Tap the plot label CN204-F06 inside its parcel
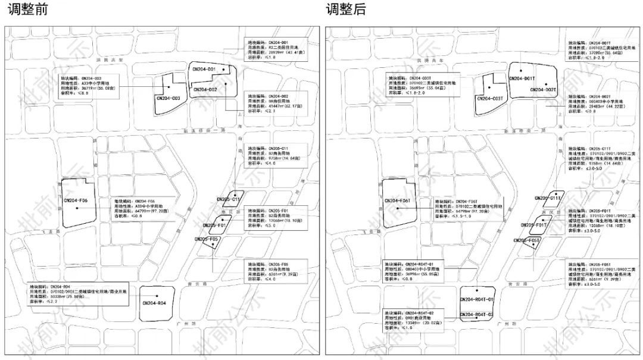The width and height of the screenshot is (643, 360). click(x=76, y=201)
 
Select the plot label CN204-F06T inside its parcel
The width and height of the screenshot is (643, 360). click(x=398, y=201)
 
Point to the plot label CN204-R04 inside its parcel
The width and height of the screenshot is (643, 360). click(x=154, y=303)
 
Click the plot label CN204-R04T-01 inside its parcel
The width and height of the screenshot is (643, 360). click(x=477, y=299)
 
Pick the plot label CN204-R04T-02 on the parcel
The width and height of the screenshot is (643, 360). click(x=477, y=314)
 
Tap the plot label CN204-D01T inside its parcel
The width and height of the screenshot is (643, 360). click(x=522, y=79)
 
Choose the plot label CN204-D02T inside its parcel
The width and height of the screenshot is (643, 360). click(x=543, y=90)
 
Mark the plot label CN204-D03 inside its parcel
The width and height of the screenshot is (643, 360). click(x=168, y=98)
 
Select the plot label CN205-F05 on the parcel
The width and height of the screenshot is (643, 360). click(x=207, y=239)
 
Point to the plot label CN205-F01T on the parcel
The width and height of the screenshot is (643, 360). click(x=533, y=226)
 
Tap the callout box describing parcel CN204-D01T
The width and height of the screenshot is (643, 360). click(x=598, y=51)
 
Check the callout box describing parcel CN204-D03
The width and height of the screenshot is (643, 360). click(x=89, y=86)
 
